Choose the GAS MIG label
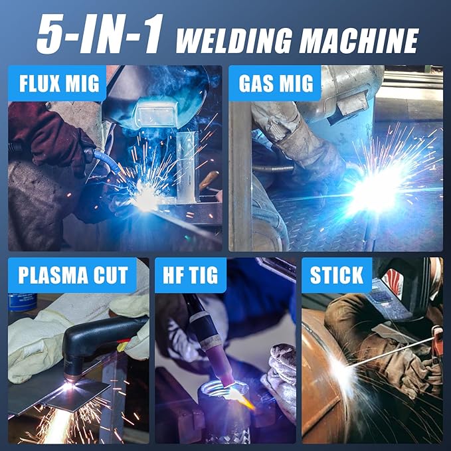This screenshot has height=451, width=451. [x=274, y=83]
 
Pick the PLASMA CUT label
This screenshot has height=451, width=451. [x=72, y=276]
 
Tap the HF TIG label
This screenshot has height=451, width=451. [x=190, y=276]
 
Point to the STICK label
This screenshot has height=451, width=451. [x=336, y=276]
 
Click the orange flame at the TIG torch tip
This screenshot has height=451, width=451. [x=243, y=399]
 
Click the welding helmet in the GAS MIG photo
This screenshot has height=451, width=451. [x=349, y=93]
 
